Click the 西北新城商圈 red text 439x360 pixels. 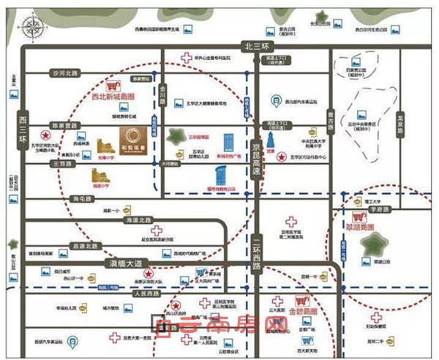pyautogui.click(x=111, y=96)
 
